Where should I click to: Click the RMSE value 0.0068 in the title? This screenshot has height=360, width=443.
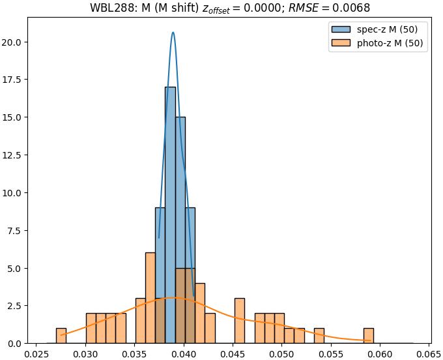pos(352,8)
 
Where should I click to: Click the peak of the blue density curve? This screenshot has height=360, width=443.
pos(173,33)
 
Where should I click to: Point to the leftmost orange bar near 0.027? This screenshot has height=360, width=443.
pos(61,336)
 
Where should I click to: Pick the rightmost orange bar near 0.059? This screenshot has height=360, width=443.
pos(369,336)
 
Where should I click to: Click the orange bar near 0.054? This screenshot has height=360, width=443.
pos(319,336)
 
